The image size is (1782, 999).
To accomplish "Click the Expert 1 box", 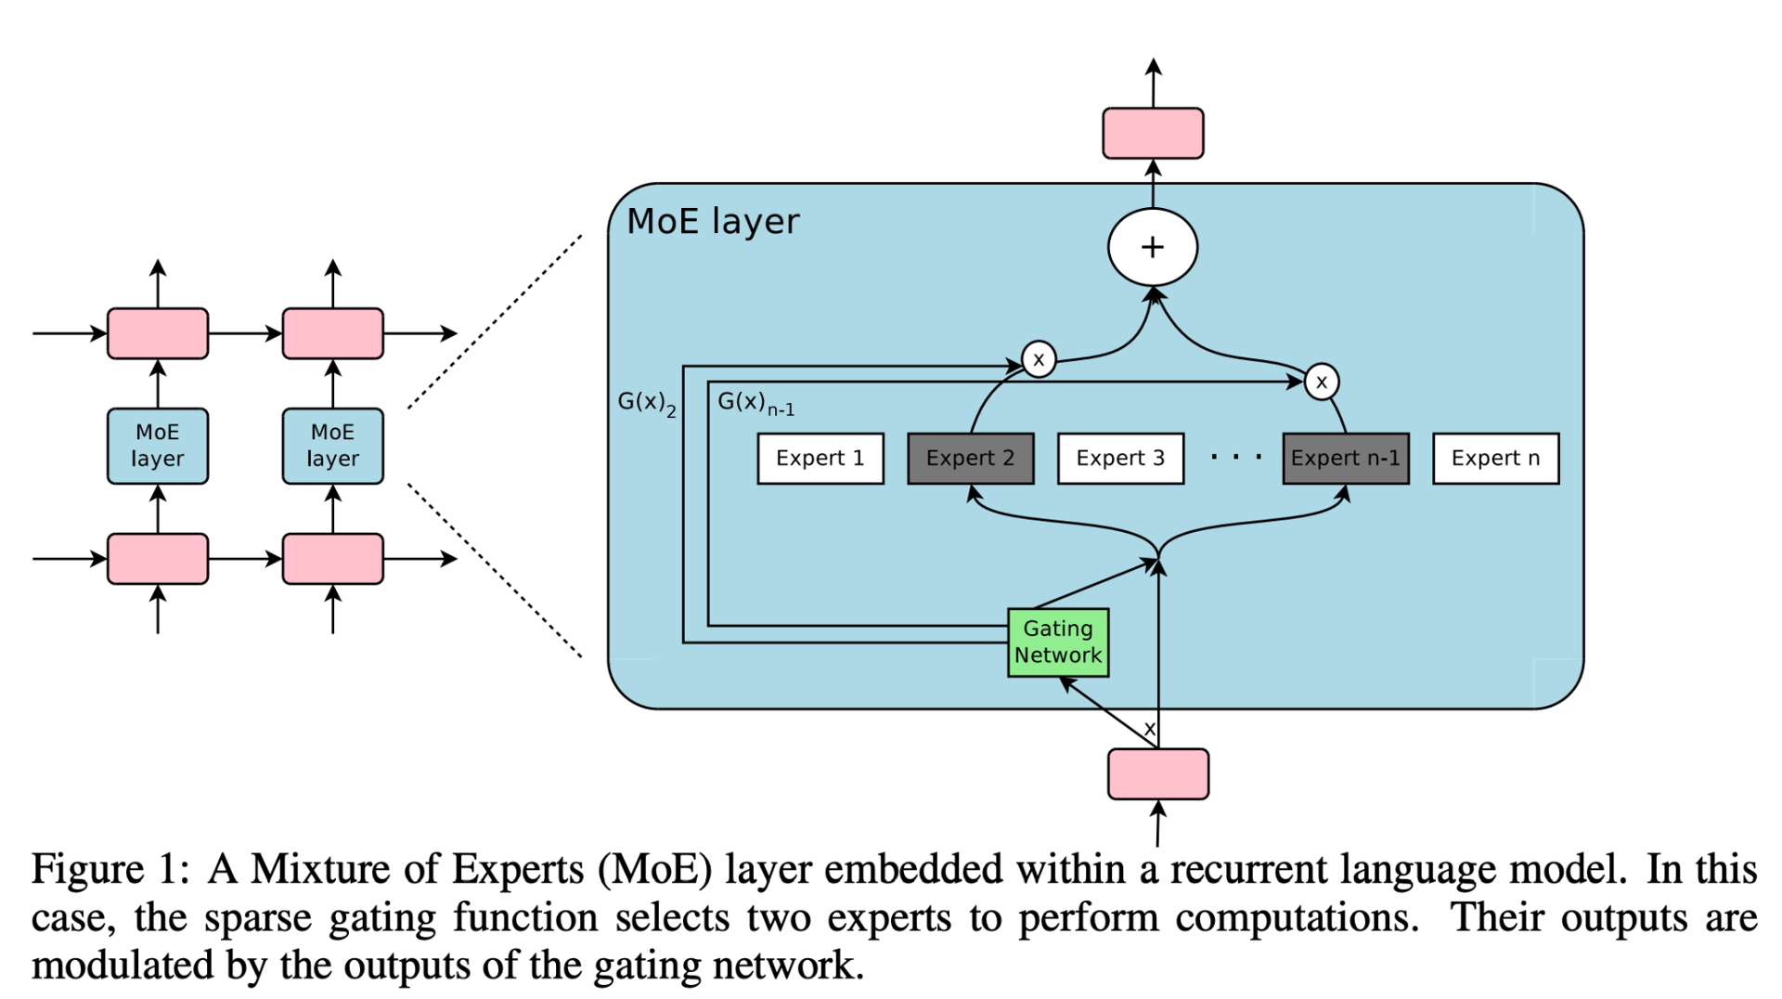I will pyautogui.click(x=820, y=458).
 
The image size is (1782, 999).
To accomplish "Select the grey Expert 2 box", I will pyautogui.click(x=970, y=458).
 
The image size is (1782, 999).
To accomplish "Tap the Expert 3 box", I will pyautogui.click(x=1120, y=458).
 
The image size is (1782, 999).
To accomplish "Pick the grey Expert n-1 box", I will pyautogui.click(x=1345, y=458).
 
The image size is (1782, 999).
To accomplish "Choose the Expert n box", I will pyautogui.click(x=1495, y=458).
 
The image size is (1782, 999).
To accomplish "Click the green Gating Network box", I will pyautogui.click(x=1058, y=642).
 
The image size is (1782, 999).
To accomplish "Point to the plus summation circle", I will pyautogui.click(x=1153, y=247).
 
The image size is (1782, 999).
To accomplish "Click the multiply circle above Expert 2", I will pyautogui.click(x=1039, y=359).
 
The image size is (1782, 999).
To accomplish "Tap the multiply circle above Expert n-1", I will pyautogui.click(x=1321, y=382).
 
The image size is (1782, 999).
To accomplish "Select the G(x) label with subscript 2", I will pyautogui.click(x=646, y=403).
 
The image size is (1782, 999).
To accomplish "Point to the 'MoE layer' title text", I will pyautogui.click(x=713, y=222).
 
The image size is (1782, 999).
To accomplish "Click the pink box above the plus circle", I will pyautogui.click(x=1153, y=133).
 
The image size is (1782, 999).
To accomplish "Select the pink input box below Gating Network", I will pyautogui.click(x=1157, y=773).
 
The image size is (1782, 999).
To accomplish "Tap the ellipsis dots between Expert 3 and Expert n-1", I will pyautogui.click(x=1235, y=457).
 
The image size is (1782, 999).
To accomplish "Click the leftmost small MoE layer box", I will pyautogui.click(x=158, y=446).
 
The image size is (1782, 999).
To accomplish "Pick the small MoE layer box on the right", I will pyautogui.click(x=332, y=446).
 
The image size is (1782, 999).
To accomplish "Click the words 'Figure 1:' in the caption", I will pyautogui.click(x=110, y=870).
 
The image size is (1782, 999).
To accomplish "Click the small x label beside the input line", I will pyautogui.click(x=1149, y=729).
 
